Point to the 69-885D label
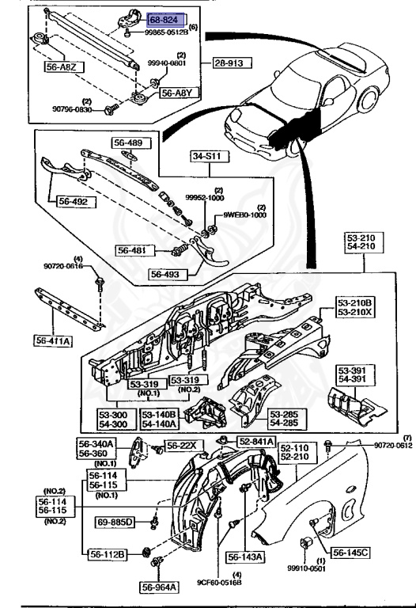point(115,522)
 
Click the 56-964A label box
point(161,587)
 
